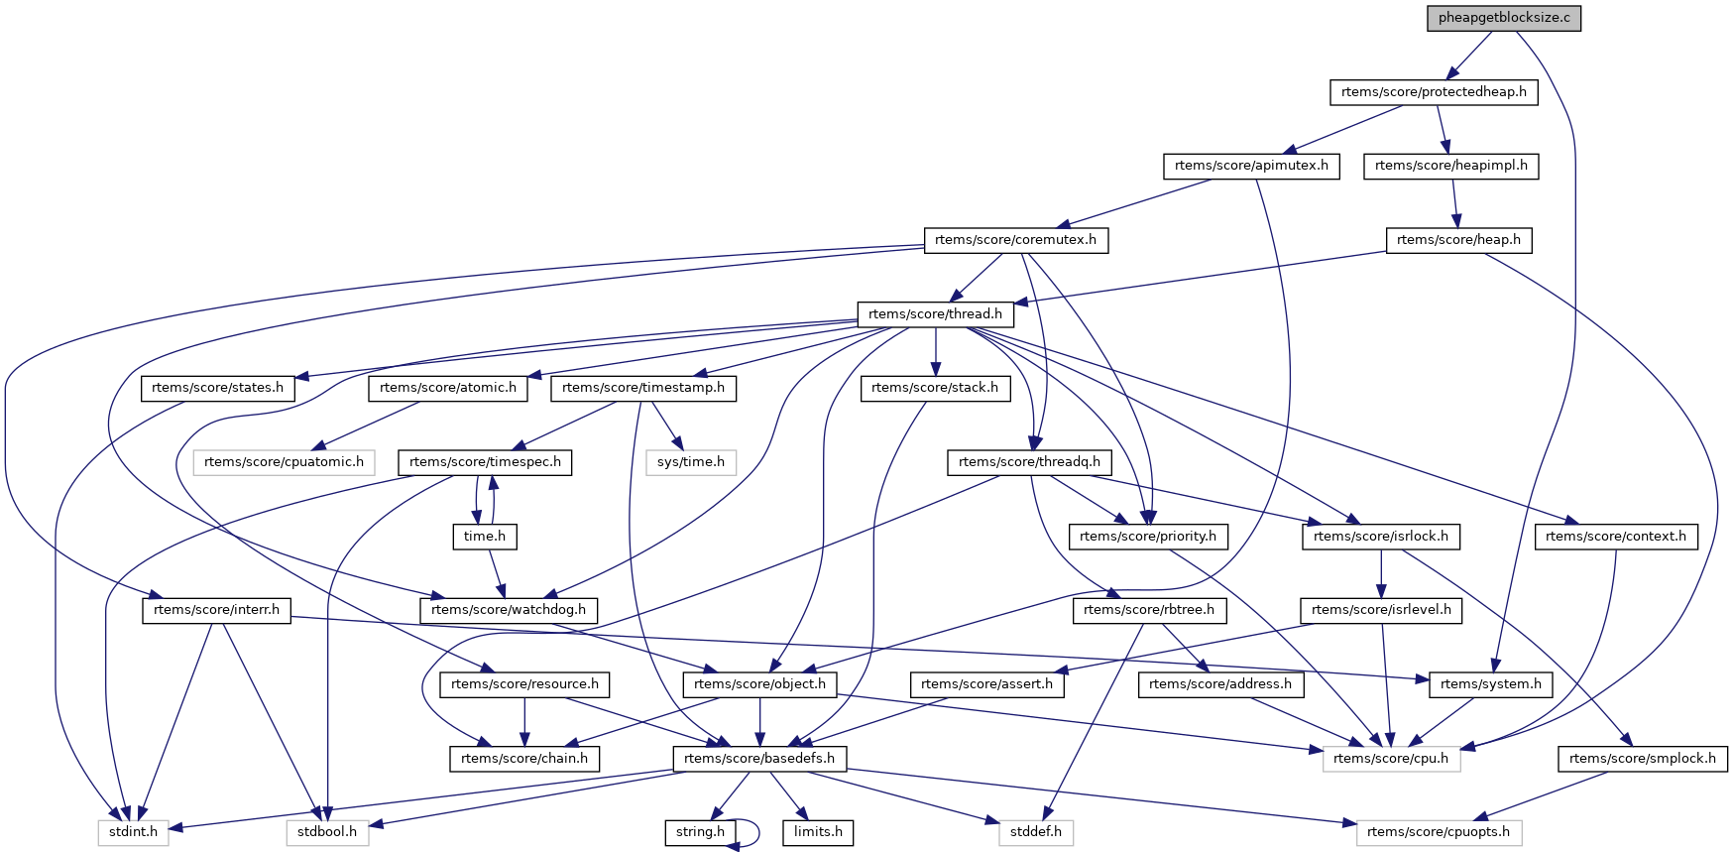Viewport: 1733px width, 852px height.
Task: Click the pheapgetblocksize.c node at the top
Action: (1504, 18)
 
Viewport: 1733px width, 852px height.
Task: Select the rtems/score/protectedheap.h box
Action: (1434, 92)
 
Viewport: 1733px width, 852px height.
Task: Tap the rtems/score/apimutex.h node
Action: (1251, 166)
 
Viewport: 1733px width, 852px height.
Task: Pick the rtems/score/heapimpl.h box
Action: (1451, 166)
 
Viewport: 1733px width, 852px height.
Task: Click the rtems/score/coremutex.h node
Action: (1015, 240)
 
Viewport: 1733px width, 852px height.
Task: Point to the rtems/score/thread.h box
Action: (935, 314)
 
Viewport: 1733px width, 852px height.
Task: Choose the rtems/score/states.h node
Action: (217, 388)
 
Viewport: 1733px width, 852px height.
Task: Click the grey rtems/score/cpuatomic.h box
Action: (285, 462)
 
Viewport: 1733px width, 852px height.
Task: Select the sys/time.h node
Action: (691, 462)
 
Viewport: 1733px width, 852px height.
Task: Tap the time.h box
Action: (484, 537)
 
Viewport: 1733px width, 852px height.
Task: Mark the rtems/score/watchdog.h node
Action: (509, 610)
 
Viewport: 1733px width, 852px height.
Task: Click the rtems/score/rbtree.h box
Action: (1149, 610)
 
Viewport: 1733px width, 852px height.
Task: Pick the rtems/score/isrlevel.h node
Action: (1381, 610)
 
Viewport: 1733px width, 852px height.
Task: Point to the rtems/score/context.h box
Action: (1616, 537)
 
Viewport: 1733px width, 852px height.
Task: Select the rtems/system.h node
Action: (1491, 684)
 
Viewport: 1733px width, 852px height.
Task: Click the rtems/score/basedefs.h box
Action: (759, 759)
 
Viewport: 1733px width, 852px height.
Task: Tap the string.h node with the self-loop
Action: (700, 832)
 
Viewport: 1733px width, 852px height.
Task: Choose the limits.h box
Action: (818, 832)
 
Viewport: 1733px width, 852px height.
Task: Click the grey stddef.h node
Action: (1036, 832)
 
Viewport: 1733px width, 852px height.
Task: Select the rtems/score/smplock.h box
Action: (1643, 759)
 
